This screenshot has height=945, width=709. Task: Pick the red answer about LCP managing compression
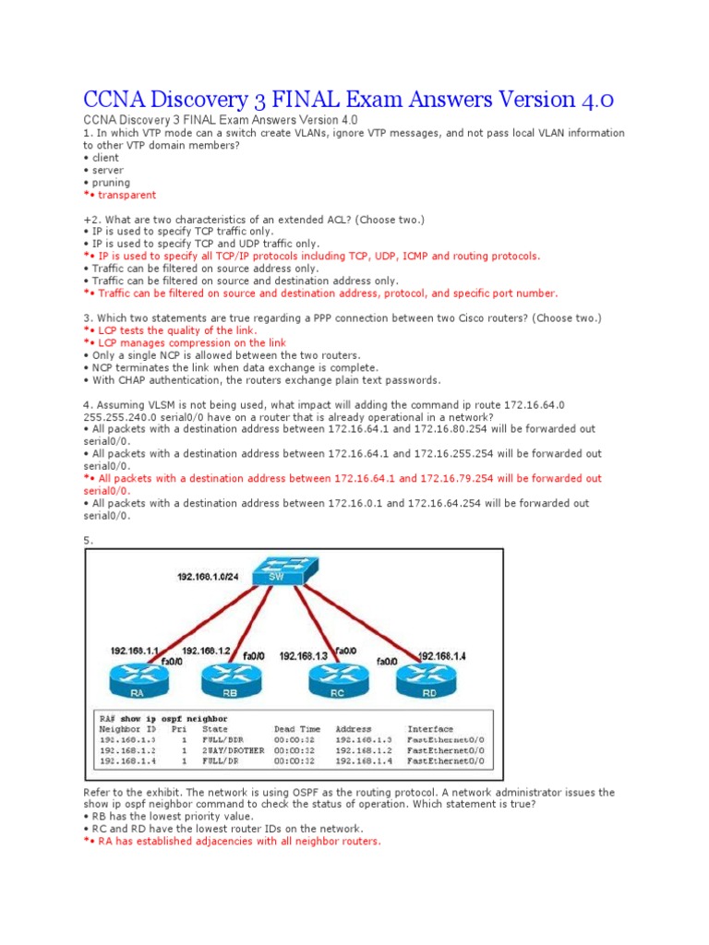187,342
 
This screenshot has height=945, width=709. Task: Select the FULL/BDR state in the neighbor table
222,740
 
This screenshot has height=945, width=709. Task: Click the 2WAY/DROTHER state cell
234,751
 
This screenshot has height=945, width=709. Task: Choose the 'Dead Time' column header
297,729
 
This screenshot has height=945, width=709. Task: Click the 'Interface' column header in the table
430,729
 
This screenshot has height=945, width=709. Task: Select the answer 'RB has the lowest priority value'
170,817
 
